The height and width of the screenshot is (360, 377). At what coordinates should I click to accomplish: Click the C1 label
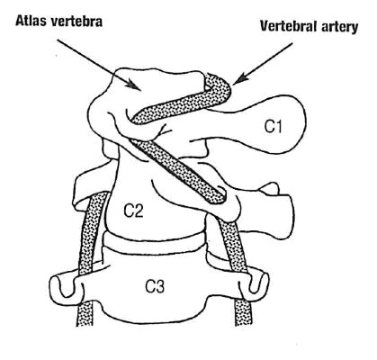pyautogui.click(x=274, y=127)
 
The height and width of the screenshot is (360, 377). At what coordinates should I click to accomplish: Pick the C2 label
pyautogui.click(x=134, y=211)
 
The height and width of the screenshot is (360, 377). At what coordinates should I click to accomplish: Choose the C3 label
pyautogui.click(x=155, y=287)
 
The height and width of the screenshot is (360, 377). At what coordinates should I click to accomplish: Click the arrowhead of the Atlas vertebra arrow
pyautogui.click(x=133, y=85)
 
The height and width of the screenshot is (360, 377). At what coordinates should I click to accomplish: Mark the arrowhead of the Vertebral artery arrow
pyautogui.click(x=238, y=79)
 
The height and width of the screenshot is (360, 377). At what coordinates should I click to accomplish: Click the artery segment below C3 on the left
pyautogui.click(x=85, y=312)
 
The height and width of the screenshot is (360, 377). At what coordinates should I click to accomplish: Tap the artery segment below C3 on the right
pyautogui.click(x=244, y=312)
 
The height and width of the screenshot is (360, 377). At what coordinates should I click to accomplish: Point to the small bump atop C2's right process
pyautogui.click(x=270, y=189)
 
